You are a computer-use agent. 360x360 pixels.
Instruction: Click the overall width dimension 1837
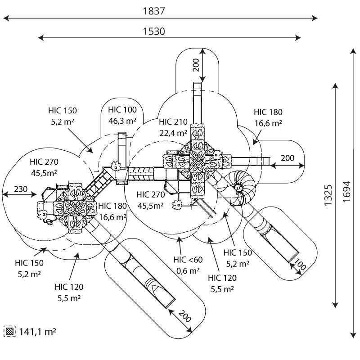click(x=154, y=11)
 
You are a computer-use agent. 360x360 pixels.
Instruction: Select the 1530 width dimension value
click(x=154, y=31)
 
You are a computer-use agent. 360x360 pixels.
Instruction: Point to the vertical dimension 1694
click(x=346, y=192)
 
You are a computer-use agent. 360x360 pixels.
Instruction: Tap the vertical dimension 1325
click(x=328, y=195)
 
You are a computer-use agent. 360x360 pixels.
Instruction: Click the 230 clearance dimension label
click(x=21, y=189)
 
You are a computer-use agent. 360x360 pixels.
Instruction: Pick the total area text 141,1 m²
click(x=38, y=332)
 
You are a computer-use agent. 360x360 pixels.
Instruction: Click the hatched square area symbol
click(x=9, y=331)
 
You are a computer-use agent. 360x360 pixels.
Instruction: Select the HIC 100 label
click(x=122, y=110)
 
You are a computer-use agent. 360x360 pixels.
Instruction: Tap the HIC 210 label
click(x=173, y=121)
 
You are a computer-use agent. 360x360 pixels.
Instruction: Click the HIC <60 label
click(x=188, y=260)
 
